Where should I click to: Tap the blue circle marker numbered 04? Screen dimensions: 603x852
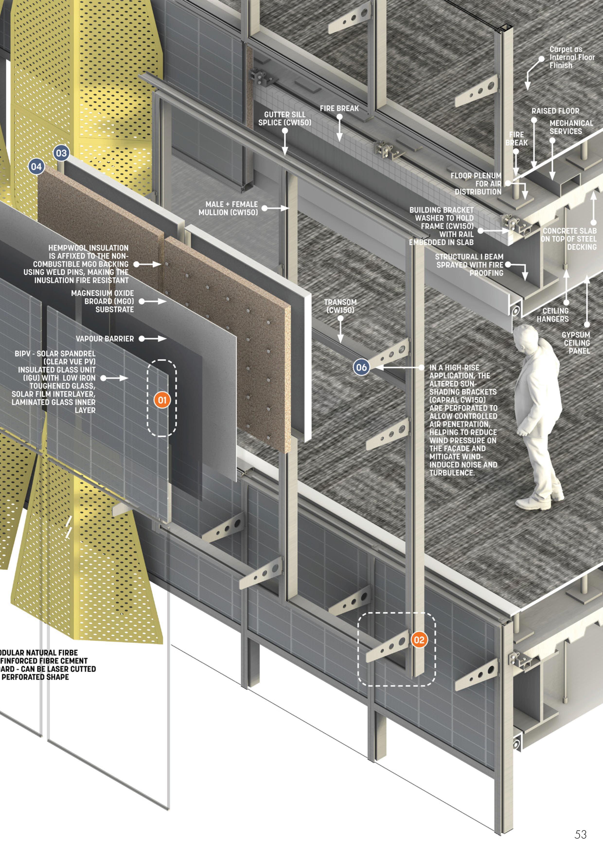(x=36, y=167)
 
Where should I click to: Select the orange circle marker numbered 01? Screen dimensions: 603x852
(x=162, y=400)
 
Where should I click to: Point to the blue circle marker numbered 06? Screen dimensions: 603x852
(x=361, y=367)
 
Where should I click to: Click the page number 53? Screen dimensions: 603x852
(x=581, y=835)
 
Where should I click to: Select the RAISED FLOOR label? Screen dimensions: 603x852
(x=555, y=111)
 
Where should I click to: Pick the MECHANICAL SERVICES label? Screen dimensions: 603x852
(x=571, y=127)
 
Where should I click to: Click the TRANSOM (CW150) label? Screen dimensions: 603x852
(x=340, y=306)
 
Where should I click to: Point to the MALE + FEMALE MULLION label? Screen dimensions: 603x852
(x=228, y=208)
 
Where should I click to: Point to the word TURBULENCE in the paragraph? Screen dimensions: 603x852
(x=452, y=473)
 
